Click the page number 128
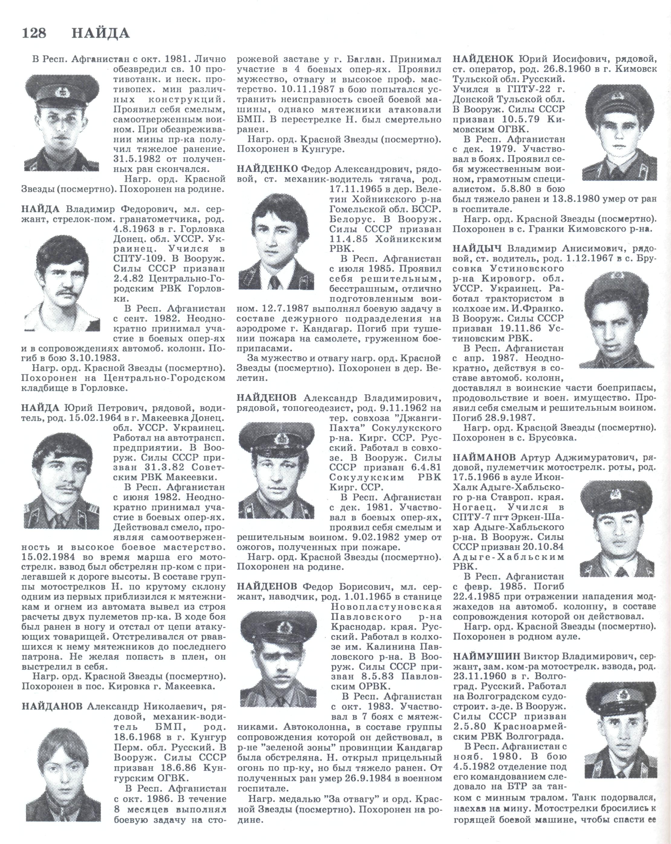pyautogui.click(x=34, y=33)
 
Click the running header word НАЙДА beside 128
pyautogui.click(x=100, y=33)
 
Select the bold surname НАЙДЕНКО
pyautogui.click(x=268, y=169)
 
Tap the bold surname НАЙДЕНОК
pyautogui.click(x=483, y=59)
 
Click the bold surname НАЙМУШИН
pyautogui.click(x=486, y=656)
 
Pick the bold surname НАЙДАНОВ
pyautogui.click(x=52, y=706)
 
